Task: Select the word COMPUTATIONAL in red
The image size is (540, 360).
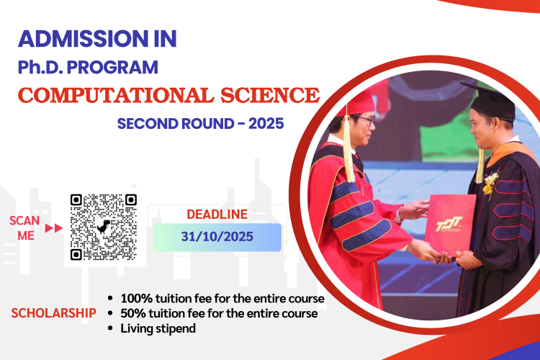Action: pyautogui.click(x=116, y=95)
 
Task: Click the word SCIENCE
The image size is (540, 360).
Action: pyautogui.click(x=270, y=95)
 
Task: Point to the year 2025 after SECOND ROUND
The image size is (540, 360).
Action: pyautogui.click(x=266, y=123)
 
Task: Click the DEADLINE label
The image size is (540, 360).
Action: pyautogui.click(x=217, y=215)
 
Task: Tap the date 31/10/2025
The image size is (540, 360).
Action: pyautogui.click(x=217, y=237)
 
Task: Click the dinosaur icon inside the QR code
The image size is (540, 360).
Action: pyautogui.click(x=103, y=227)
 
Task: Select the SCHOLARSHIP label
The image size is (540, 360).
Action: pyautogui.click(x=54, y=313)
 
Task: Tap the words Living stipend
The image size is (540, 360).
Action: pyautogui.click(x=158, y=328)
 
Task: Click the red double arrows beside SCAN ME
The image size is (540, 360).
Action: pyautogui.click(x=54, y=228)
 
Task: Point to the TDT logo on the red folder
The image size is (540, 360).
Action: pyautogui.click(x=449, y=224)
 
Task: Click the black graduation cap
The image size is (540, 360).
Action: pyautogui.click(x=492, y=101)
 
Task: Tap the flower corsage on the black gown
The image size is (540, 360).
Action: pyautogui.click(x=490, y=184)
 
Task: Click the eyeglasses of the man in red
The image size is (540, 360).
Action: pyautogui.click(x=365, y=120)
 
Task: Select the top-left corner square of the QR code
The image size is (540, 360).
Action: pyautogui.click(x=76, y=200)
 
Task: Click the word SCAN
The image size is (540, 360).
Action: pyautogui.click(x=24, y=220)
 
